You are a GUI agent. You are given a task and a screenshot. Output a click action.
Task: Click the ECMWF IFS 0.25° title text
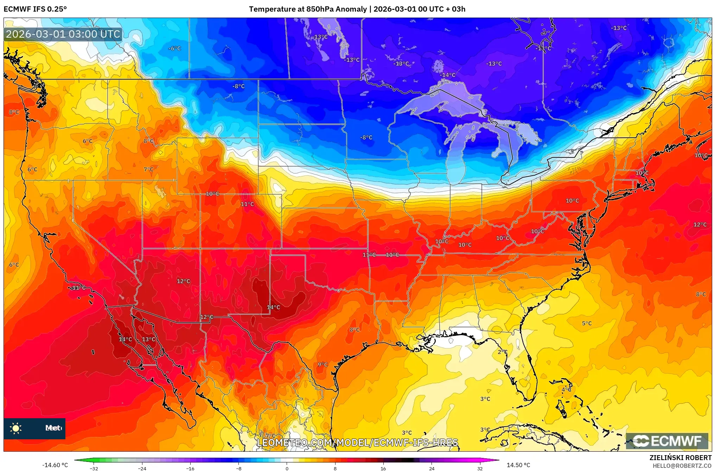click(35, 9)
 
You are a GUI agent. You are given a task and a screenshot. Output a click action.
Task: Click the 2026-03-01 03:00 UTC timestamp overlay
click(63, 34)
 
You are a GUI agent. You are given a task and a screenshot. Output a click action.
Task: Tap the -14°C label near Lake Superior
click(448, 75)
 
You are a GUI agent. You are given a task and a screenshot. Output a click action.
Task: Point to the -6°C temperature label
click(174, 49)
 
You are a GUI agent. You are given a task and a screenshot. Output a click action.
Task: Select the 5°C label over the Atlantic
click(587, 323)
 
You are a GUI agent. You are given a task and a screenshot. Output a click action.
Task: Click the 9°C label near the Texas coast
click(323, 364)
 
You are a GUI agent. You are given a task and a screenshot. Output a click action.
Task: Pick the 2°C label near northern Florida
click(502, 352)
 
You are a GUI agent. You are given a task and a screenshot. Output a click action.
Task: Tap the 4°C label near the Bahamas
click(566, 389)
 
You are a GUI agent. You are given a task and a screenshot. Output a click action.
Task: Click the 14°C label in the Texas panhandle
click(273, 307)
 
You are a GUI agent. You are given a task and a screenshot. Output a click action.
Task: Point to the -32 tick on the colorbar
click(94, 468)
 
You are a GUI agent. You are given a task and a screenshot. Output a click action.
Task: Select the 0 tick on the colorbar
click(287, 468)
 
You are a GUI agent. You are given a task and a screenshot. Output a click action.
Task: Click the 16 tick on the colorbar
click(383, 468)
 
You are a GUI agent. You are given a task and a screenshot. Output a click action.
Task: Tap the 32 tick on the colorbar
click(480, 468)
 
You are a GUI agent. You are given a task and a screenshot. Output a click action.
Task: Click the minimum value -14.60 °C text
click(55, 465)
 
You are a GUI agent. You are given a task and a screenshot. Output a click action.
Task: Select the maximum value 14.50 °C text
click(518, 465)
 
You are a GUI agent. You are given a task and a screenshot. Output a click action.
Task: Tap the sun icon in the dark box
click(16, 428)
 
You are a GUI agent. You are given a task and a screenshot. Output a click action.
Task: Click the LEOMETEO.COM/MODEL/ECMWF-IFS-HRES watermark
click(357, 442)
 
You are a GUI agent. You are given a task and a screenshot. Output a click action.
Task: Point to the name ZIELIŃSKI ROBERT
click(680, 458)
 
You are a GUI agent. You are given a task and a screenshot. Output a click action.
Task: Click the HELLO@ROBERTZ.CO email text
click(682, 466)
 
